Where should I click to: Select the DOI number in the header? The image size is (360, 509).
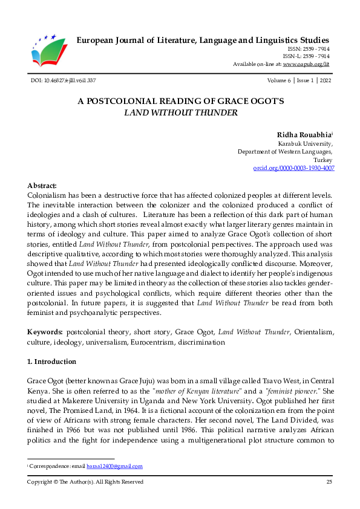pos(63,80)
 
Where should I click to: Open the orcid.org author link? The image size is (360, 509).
pos(293,169)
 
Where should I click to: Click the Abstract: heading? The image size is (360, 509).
pos(42,186)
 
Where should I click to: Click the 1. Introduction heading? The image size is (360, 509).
pos(52,361)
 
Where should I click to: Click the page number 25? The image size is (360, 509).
pos(329,482)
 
